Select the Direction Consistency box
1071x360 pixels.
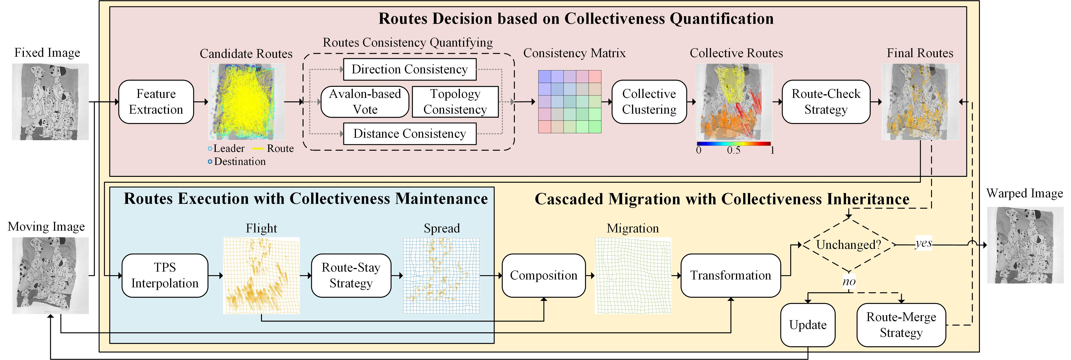pyautogui.click(x=409, y=70)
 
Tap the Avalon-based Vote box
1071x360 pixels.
pyautogui.click(x=365, y=102)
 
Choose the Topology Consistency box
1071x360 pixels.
pyautogui.click(x=455, y=102)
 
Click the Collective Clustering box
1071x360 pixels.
pyautogui.click(x=649, y=102)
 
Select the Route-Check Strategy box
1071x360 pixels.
pyautogui.click(x=826, y=102)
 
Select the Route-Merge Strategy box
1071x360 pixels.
pyautogui.click(x=901, y=325)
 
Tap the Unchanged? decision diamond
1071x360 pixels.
pyautogui.click(x=848, y=245)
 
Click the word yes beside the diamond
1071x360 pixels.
pyautogui.click(x=923, y=243)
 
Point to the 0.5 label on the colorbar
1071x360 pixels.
pyautogui.click(x=733, y=151)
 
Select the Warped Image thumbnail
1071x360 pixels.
pyautogui.click(x=1025, y=245)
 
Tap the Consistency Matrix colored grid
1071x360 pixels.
pyautogui.click(x=570, y=102)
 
